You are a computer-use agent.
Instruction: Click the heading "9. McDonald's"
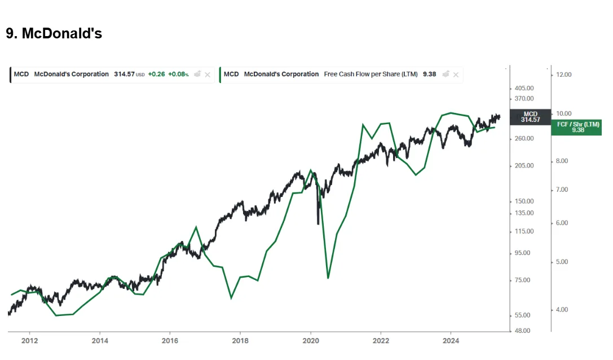point(54,34)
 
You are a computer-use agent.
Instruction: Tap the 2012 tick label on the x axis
point(30,341)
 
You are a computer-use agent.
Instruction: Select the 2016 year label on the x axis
point(170,341)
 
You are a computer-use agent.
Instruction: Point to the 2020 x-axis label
point(311,341)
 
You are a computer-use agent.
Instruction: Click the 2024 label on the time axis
point(451,341)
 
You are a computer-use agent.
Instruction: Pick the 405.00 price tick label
point(524,89)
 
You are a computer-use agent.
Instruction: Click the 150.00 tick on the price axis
point(524,201)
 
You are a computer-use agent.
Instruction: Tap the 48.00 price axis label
point(522,331)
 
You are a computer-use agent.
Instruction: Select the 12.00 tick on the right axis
point(564,74)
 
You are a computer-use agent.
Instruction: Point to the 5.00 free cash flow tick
point(562,262)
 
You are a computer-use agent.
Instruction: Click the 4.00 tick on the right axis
point(562,310)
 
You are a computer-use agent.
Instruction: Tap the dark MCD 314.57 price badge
point(531,117)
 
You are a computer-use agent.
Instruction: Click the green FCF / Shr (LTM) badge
point(577,128)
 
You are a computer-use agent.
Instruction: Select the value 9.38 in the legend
point(429,74)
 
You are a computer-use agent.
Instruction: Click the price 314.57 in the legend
point(124,74)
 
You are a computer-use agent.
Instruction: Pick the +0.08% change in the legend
point(178,74)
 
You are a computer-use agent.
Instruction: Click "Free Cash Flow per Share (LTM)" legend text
point(371,74)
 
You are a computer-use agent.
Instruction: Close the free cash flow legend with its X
point(456,74)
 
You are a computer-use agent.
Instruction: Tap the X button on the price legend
point(208,74)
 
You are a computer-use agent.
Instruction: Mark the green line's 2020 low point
point(328,278)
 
